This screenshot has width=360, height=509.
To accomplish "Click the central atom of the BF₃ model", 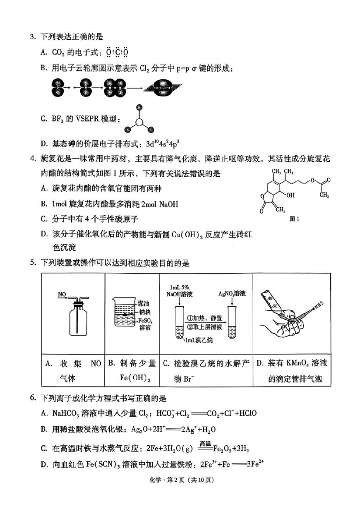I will coord(139,121).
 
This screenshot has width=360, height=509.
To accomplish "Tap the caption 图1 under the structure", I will coord(294,219).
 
